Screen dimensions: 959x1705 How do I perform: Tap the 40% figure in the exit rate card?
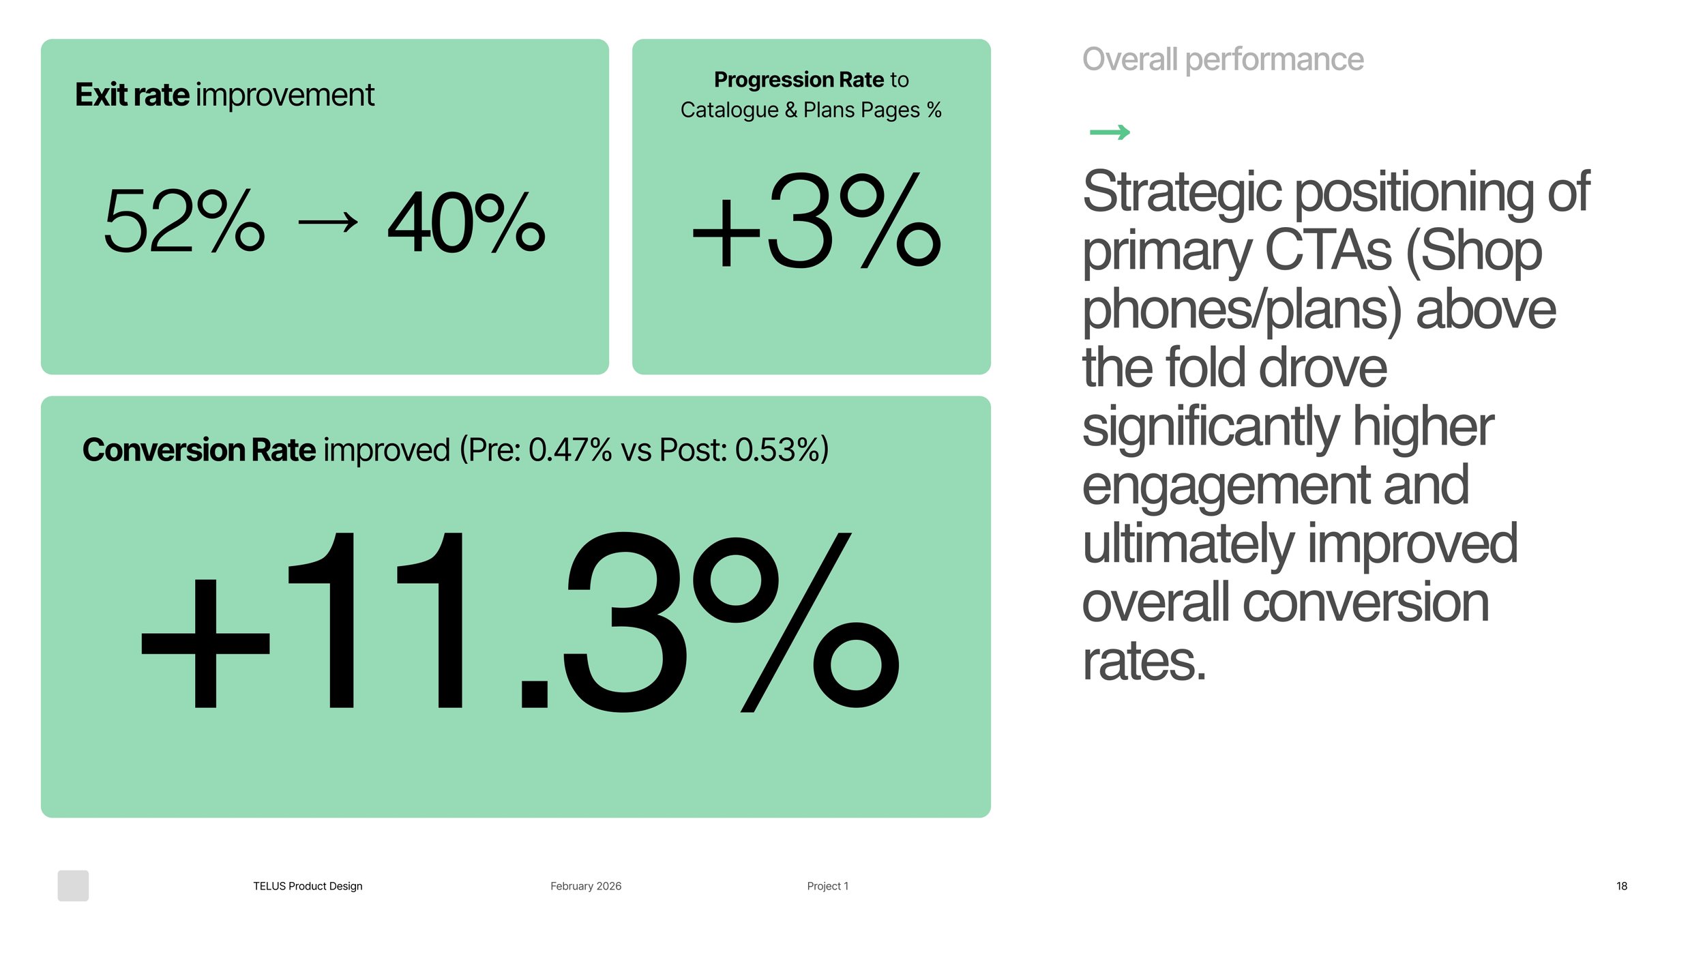point(466,222)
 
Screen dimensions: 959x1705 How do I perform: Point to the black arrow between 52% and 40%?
point(328,222)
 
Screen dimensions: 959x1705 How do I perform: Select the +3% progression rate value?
point(816,220)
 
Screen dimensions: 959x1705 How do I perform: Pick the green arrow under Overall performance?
point(1110,132)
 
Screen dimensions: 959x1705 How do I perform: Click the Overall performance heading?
point(1223,59)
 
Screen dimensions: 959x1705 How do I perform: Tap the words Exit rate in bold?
point(132,95)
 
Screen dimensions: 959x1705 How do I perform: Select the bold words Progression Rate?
point(799,80)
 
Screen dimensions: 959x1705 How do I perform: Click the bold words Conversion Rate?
point(198,450)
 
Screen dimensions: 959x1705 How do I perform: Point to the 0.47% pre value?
point(570,450)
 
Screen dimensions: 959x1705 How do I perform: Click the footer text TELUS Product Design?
point(308,886)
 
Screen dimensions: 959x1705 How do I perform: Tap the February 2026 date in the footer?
point(586,886)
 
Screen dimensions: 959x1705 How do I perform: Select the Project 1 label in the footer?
point(827,886)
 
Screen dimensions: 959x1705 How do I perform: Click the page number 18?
point(1621,886)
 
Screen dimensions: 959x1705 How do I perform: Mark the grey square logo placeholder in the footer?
point(73,885)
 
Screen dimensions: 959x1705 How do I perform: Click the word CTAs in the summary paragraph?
point(1327,251)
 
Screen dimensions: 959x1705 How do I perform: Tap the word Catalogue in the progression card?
point(729,110)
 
